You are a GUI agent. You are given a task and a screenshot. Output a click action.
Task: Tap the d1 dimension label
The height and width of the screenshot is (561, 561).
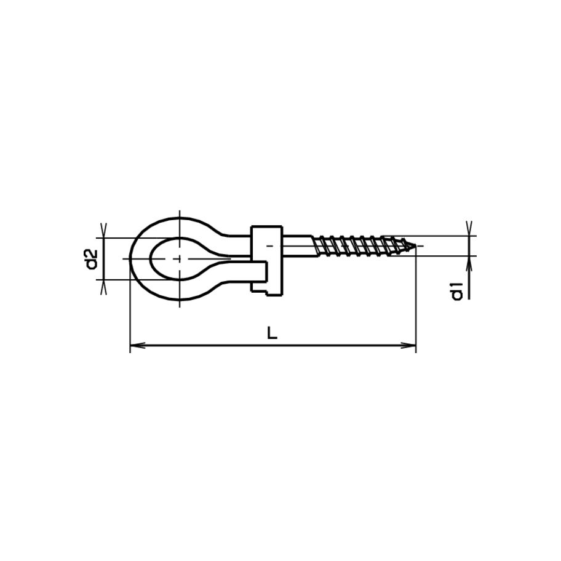[x=456, y=290]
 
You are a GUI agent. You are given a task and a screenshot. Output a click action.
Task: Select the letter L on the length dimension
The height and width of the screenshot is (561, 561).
[x=273, y=333]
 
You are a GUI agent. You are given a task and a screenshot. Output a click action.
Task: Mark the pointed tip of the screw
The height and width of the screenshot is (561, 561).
[x=415, y=247]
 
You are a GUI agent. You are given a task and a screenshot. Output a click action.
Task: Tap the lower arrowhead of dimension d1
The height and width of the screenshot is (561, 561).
[x=469, y=262]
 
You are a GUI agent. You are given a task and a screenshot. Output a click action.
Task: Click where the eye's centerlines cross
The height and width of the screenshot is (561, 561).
[x=180, y=259]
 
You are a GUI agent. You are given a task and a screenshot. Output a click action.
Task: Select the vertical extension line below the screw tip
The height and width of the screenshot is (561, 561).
[x=416, y=301]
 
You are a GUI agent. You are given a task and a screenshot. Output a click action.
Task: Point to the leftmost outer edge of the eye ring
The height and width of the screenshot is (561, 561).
[x=130, y=259]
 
